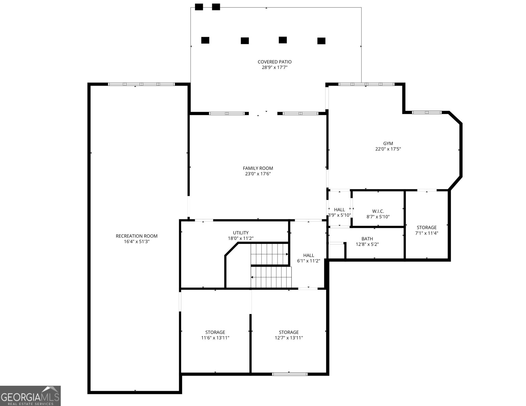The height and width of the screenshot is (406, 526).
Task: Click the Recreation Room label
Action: pos(137,236)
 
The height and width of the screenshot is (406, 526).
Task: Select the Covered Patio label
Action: pos(274,62)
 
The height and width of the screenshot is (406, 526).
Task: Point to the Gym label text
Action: pos(388,143)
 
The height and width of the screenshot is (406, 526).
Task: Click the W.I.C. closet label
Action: pos(378,211)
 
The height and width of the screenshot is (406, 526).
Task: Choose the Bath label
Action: pos(367,239)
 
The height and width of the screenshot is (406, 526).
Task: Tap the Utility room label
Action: pos(241,233)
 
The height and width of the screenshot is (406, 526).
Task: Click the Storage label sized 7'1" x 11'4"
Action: pos(426,228)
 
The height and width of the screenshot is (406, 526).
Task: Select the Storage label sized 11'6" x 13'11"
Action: pos(215,332)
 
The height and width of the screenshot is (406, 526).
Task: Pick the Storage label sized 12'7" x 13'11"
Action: pos(289,332)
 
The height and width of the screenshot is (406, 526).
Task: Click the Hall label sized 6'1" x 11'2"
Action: pos(308,255)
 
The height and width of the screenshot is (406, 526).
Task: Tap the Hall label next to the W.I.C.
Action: pos(339,210)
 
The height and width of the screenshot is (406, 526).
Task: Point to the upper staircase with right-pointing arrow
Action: pos(269,254)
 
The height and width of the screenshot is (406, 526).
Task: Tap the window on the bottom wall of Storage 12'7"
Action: pos(290,374)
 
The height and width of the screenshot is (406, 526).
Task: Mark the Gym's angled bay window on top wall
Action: pos(427,112)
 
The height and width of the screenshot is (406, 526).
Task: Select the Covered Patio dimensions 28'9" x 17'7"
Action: pos(274,67)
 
